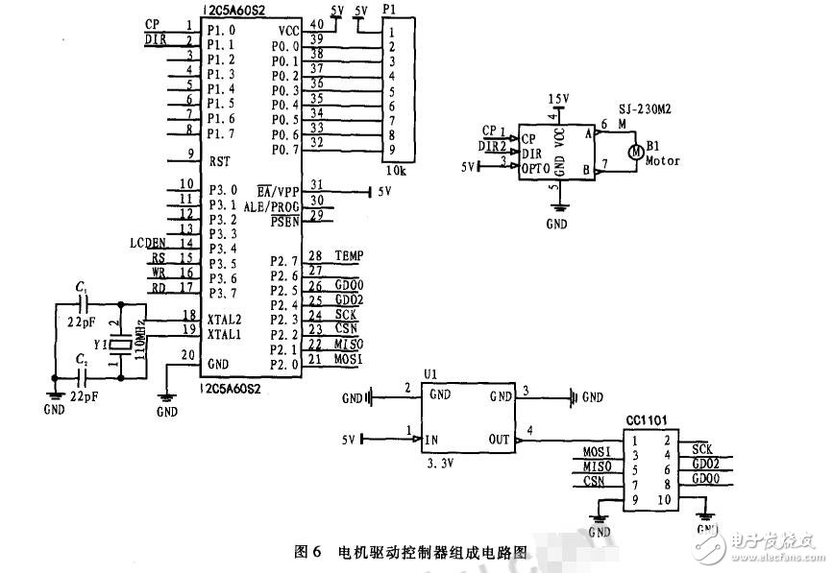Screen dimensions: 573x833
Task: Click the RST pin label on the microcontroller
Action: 218,161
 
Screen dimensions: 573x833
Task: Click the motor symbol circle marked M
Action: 634,150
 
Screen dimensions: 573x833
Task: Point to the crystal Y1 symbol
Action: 119,345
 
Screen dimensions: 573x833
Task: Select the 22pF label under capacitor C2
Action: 82,394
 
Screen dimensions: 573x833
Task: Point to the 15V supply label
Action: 557,99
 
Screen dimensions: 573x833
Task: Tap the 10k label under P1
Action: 397,170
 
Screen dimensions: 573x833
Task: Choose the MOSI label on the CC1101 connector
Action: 598,452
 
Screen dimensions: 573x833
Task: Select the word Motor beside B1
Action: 663,161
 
